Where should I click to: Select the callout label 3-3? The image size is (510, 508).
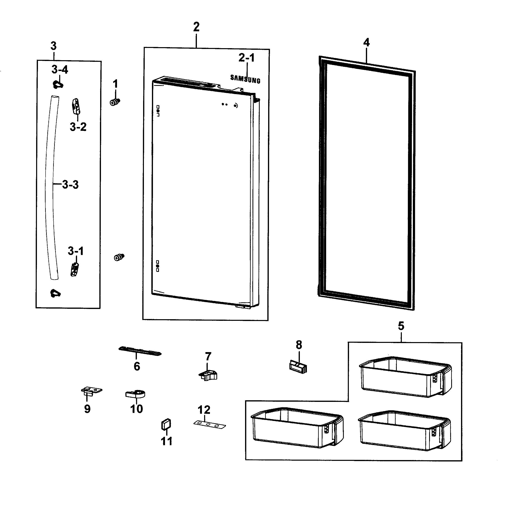70,184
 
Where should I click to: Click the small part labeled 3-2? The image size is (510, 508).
76,106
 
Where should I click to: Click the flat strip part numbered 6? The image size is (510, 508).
140,351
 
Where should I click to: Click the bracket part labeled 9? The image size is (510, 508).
91,391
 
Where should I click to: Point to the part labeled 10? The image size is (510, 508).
135,394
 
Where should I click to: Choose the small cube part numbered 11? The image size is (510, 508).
166,424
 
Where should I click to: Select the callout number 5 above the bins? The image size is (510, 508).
401,326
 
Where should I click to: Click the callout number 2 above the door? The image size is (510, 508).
196,27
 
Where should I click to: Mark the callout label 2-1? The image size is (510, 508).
246,58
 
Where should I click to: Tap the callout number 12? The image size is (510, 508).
204,410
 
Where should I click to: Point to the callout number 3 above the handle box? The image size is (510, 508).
54,46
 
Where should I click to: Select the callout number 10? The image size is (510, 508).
136,409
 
